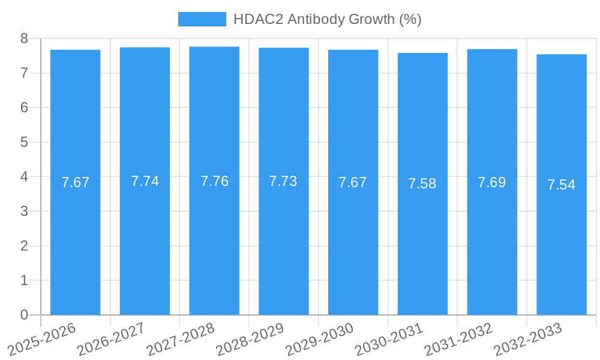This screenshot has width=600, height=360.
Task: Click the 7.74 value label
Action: click(x=145, y=181)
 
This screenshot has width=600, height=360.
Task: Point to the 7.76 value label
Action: click(x=214, y=181)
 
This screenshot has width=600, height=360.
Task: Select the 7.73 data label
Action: click(x=283, y=181)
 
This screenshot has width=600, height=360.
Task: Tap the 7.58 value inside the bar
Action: click(x=422, y=184)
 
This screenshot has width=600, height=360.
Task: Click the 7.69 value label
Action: click(x=492, y=182)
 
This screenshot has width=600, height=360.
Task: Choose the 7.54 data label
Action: click(x=562, y=185)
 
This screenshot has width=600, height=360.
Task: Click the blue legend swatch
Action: click(x=202, y=19)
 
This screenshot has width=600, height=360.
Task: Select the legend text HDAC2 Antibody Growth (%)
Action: click(x=327, y=19)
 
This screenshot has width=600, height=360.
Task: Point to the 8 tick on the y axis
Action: click(x=25, y=38)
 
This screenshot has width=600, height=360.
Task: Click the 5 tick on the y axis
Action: click(x=25, y=142)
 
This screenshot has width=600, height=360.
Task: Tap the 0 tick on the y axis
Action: click(x=25, y=315)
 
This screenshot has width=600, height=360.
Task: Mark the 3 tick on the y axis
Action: click(x=25, y=211)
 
